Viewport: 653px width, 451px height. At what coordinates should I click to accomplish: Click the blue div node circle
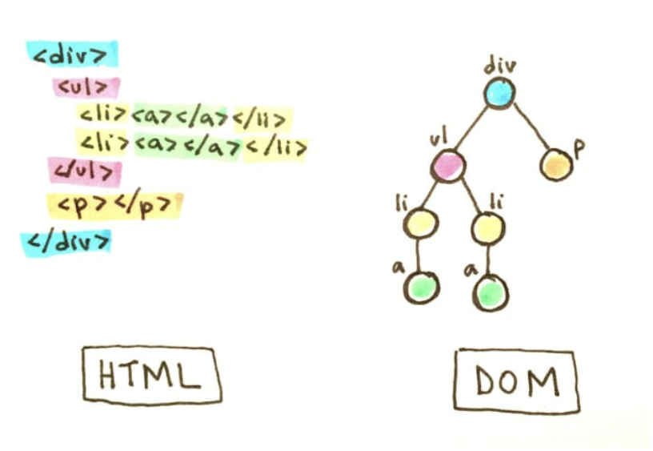tap(499, 94)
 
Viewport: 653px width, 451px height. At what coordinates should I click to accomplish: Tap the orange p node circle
tap(557, 165)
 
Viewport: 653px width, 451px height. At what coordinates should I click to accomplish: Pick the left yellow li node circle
tap(421, 223)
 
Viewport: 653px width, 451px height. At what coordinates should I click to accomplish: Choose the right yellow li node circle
tap(487, 228)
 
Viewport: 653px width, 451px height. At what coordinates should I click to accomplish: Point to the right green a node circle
tap(489, 292)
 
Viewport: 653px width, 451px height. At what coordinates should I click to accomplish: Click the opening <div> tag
tap(72, 54)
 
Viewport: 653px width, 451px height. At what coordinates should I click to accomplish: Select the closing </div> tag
tap(67, 240)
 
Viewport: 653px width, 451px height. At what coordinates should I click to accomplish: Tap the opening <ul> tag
tap(86, 87)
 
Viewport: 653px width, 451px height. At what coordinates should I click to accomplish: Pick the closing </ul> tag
tap(84, 171)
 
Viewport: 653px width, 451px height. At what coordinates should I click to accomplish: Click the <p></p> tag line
tap(114, 205)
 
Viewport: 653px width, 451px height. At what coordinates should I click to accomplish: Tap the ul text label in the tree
tap(438, 139)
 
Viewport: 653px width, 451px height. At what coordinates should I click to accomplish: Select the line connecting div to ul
tap(473, 130)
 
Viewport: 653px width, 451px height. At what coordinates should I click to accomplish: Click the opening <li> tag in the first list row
tap(104, 118)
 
